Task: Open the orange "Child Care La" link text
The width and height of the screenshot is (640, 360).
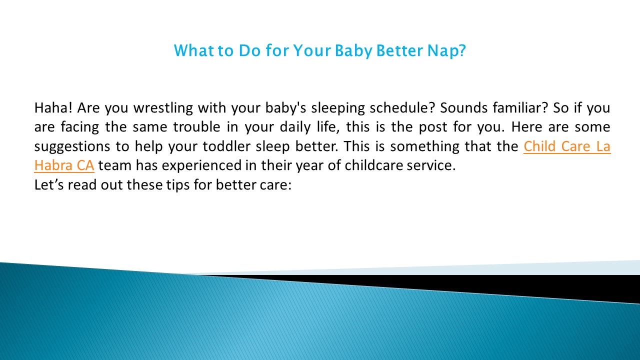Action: (567, 146)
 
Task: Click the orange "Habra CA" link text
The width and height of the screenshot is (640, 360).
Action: (64, 165)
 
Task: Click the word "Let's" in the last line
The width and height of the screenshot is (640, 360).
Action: (48, 184)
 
